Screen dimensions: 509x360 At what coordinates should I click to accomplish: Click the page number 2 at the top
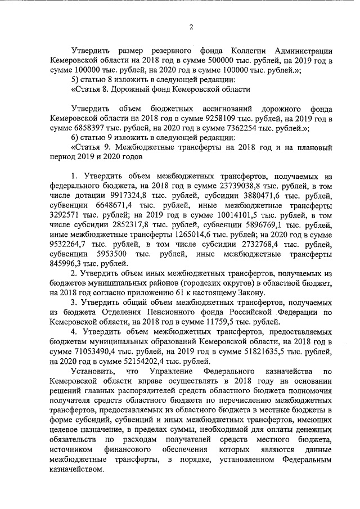coord(191,27)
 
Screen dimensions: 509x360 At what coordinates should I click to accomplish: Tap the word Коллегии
coord(238,51)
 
